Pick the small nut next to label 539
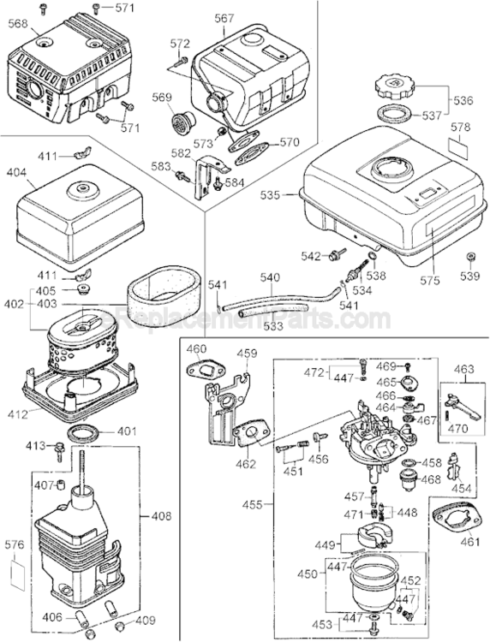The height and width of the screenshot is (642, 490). tap(470, 257)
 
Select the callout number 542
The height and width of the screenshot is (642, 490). tap(309, 255)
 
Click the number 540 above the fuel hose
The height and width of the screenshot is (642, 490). tap(271, 277)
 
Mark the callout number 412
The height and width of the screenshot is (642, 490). tap(17, 414)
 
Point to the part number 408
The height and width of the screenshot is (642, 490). tap(160, 516)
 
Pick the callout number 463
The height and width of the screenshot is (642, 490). tap(463, 369)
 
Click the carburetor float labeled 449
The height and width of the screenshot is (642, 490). tap(362, 542)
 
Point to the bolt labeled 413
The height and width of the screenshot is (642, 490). tap(61, 447)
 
